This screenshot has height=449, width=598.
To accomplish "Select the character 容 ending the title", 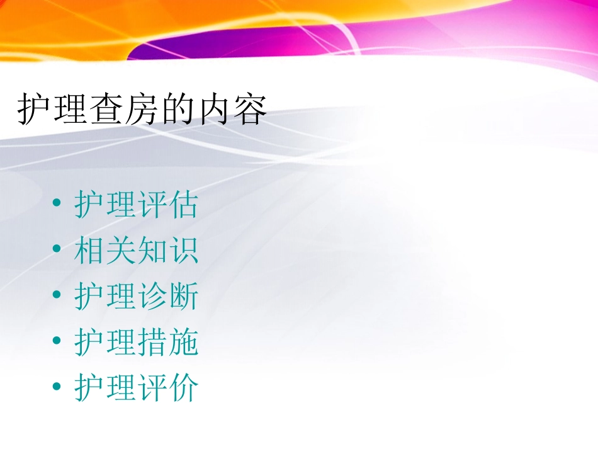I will [x=249, y=110].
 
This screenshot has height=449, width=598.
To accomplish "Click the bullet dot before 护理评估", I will [x=57, y=204].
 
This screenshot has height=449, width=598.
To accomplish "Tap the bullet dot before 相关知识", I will [x=57, y=250].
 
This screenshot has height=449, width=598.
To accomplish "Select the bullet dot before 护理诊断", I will [x=57, y=296].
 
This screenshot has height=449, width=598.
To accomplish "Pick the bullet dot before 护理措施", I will [x=57, y=342].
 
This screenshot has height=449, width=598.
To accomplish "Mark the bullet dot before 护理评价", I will [x=57, y=387].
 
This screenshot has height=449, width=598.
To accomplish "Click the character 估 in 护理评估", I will [x=183, y=205].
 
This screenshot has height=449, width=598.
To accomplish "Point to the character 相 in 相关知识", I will [x=89, y=251].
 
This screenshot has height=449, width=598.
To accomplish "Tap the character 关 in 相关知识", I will [x=121, y=251].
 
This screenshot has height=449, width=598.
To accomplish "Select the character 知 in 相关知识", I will [x=152, y=251].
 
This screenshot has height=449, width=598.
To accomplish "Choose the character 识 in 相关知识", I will [x=183, y=251].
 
